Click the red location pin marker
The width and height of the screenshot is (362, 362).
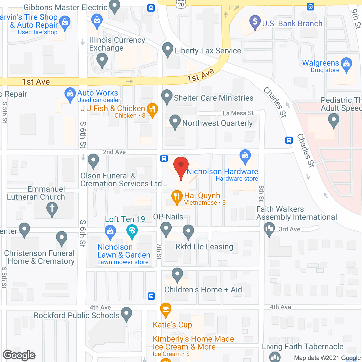click(181, 165)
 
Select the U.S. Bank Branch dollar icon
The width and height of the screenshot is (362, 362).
click(255, 21)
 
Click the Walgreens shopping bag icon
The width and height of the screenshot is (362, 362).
click(346, 64)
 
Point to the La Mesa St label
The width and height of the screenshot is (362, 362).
click(238, 113)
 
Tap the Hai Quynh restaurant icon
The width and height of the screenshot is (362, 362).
click(177, 197)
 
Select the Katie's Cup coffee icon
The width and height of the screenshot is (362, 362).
click(166, 309)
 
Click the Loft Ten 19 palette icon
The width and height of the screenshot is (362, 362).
click(132, 230)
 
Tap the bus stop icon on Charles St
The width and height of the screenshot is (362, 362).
click(289, 140)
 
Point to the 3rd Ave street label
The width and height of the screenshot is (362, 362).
click(289, 229)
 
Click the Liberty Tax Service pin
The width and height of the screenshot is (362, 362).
click(168, 49)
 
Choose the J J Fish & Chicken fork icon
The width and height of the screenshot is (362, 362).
click(152, 109)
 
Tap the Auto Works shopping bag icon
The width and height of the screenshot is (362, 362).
click(70, 94)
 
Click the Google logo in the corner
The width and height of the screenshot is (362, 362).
click(19, 355)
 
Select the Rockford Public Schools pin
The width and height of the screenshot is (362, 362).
click(126, 314)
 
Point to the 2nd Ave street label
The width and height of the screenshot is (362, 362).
click(114, 152)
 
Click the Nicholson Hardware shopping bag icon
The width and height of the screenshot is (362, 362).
click(245, 156)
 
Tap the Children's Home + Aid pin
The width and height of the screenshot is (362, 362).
click(177, 274)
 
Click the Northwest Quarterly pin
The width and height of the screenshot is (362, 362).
click(175, 121)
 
